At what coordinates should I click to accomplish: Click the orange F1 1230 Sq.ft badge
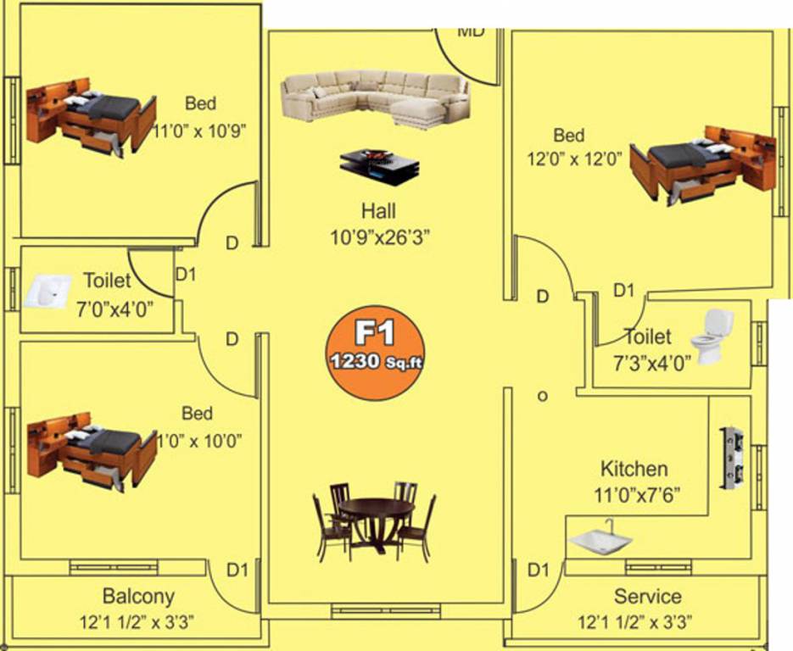[x=374, y=348]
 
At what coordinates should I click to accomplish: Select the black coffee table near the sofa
[x=379, y=165]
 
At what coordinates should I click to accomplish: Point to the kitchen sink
[x=600, y=540]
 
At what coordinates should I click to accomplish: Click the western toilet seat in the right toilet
[x=712, y=335]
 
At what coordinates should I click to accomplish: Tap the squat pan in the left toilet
[x=46, y=292]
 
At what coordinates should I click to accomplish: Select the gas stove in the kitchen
[x=731, y=459]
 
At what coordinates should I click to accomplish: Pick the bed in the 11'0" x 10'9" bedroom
[x=91, y=117]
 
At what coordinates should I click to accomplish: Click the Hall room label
[x=378, y=211]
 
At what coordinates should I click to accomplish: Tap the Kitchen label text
[x=634, y=469]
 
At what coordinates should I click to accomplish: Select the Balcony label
[x=138, y=596]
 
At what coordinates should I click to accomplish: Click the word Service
[x=647, y=597]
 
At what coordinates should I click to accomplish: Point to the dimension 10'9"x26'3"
[x=380, y=238]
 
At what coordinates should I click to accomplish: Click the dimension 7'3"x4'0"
[x=652, y=360]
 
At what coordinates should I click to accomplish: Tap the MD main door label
[x=471, y=32]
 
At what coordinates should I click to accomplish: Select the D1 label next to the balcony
[x=237, y=570]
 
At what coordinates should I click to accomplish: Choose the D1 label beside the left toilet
[x=185, y=274]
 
